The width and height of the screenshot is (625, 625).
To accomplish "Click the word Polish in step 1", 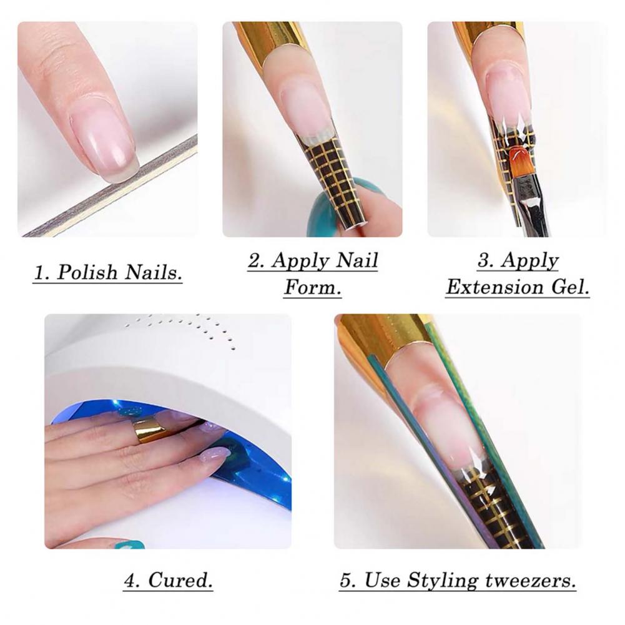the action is click(87, 273).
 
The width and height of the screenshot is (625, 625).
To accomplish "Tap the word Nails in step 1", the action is click(153, 273).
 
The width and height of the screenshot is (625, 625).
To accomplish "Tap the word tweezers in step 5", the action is click(531, 580).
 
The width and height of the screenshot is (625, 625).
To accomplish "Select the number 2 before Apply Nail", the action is click(256, 261).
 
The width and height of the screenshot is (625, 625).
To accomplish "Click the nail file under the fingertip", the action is click(110, 186).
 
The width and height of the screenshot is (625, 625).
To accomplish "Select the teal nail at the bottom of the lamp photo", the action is click(129, 544).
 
